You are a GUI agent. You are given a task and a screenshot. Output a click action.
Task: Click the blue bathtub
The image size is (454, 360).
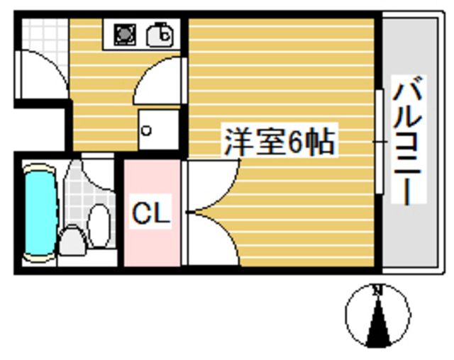40,210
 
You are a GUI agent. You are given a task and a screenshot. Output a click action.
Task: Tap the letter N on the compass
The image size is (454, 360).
377,290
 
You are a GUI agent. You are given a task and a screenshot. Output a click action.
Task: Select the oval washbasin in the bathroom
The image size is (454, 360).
101,225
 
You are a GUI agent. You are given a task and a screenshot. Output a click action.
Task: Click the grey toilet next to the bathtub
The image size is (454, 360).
72,241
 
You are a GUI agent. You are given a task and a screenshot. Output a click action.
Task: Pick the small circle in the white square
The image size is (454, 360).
148,130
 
